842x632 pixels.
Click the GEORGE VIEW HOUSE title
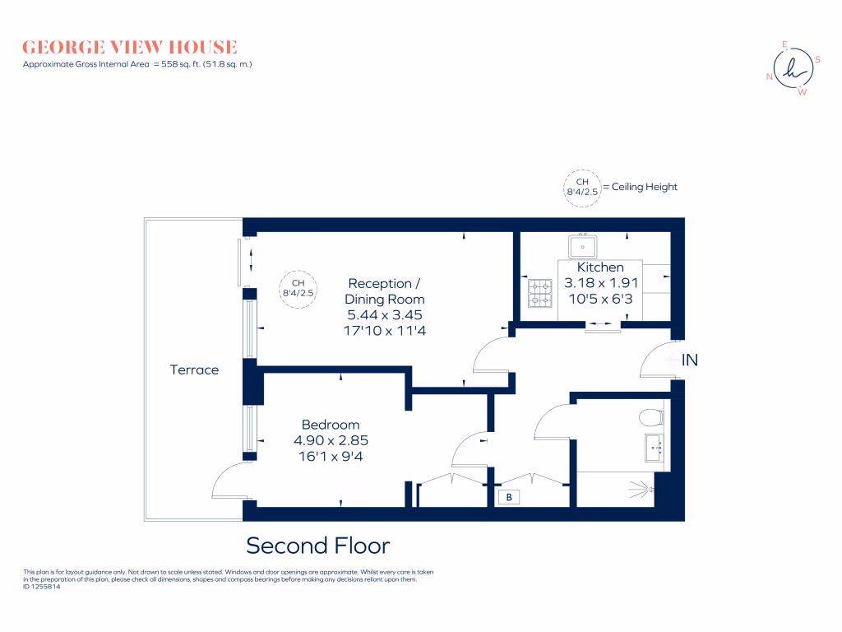[130, 47]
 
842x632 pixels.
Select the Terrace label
[194, 370]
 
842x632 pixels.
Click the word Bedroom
[331, 425]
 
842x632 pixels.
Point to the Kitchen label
[600, 267]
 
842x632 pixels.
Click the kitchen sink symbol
[584, 245]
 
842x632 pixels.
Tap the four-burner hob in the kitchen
[539, 292]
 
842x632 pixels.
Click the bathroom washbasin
[655, 448]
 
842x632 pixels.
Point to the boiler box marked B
[509, 497]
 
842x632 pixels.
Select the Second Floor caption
[318, 545]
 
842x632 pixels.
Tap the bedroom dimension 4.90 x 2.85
[331, 439]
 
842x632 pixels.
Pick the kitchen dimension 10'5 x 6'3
[600, 297]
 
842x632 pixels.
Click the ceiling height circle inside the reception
[299, 289]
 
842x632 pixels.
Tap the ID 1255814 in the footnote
[42, 587]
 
